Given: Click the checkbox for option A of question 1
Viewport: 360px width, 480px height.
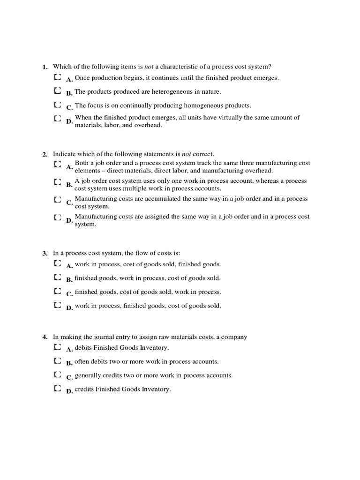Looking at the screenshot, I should tap(57, 76).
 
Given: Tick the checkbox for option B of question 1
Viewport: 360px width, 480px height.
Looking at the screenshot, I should tap(57, 90).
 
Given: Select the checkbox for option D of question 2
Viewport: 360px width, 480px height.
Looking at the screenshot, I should tap(57, 217).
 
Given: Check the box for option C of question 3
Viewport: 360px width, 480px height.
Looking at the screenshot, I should tap(57, 292).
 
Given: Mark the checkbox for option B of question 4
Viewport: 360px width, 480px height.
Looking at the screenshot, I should tap(57, 361).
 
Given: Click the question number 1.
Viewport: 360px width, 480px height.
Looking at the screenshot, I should tap(45, 67).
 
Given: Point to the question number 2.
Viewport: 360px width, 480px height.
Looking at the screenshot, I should tap(45, 154).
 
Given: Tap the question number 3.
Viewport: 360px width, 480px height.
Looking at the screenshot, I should tap(45, 254).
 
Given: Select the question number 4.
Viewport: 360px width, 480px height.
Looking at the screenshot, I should tap(45, 337).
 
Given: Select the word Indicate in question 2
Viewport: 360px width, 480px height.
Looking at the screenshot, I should tap(64, 154).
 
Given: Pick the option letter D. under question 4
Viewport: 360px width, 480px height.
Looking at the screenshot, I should tap(69, 391).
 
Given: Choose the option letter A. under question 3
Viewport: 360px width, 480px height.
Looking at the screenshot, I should tap(69, 266).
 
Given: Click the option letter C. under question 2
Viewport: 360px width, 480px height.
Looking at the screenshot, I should tap(69, 203).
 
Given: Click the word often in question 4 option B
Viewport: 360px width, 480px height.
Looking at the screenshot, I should tap(82, 362).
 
